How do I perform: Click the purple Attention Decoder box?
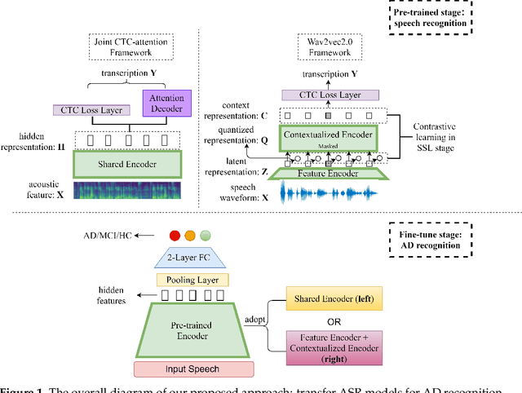[166, 104]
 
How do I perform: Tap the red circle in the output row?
[173, 236]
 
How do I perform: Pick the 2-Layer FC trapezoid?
[190, 260]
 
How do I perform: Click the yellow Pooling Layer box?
[190, 280]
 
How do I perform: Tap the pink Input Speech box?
[190, 367]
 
